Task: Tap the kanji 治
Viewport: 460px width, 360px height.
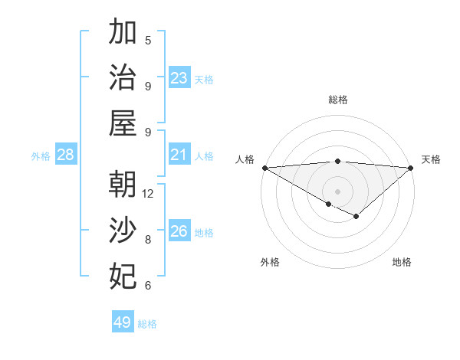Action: pos(123,77)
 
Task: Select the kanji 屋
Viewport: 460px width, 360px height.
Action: pos(123,123)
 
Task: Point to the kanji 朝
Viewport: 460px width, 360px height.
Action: pos(123,185)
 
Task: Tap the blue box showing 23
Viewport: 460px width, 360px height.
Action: pos(179,78)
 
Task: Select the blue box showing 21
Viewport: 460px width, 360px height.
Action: pos(179,155)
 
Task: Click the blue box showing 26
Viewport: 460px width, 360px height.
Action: pos(179,231)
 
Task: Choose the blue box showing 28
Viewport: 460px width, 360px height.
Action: pos(66,155)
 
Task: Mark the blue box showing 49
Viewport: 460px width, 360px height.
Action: pos(123,322)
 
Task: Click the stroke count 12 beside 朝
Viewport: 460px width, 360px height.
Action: pos(148,194)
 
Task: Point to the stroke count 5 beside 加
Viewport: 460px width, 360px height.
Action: pos(148,41)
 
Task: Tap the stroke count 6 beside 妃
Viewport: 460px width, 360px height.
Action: pos(148,286)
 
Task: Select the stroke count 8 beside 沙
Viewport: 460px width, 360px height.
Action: pos(148,240)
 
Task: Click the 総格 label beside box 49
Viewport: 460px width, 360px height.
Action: pos(147,324)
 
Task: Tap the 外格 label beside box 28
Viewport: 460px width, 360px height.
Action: pos(41,156)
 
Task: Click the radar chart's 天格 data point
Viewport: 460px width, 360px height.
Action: pos(411,168)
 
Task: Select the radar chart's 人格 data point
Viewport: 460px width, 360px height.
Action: pos(264,168)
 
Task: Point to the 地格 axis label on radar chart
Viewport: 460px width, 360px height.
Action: pos(402,262)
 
